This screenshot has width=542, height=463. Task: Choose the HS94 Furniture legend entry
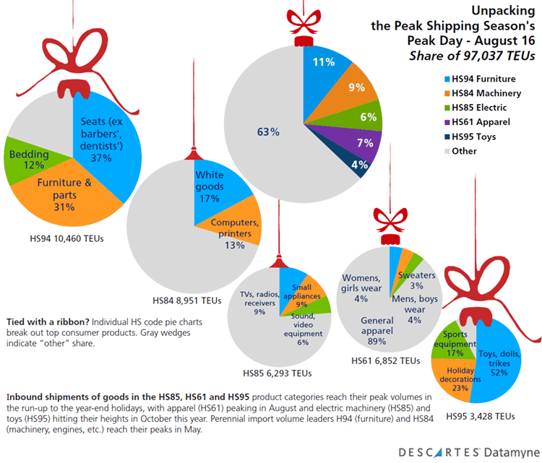480,77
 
